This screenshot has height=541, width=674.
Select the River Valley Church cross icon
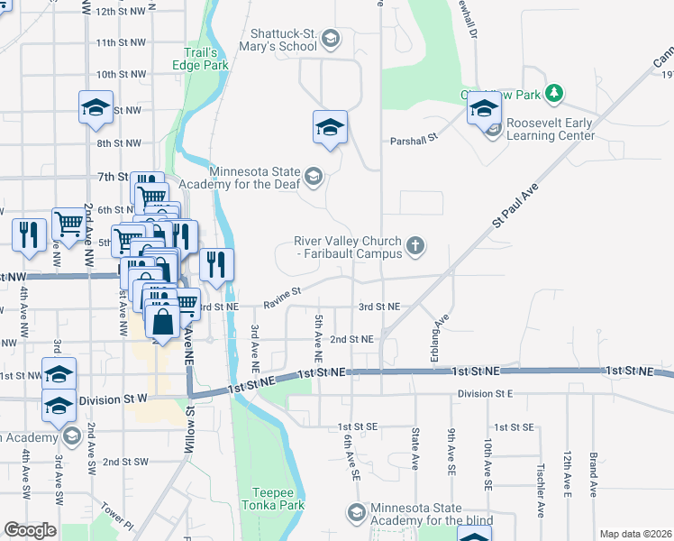[x=415, y=244]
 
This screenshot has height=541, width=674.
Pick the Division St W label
[x=113, y=400]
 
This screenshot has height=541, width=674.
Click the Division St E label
[x=485, y=394]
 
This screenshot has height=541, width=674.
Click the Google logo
[x=30, y=530]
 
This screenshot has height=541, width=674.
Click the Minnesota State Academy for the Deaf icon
[x=313, y=175]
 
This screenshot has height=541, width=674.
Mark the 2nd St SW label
[x=125, y=462]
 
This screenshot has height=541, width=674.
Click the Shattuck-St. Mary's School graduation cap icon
[x=331, y=38]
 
